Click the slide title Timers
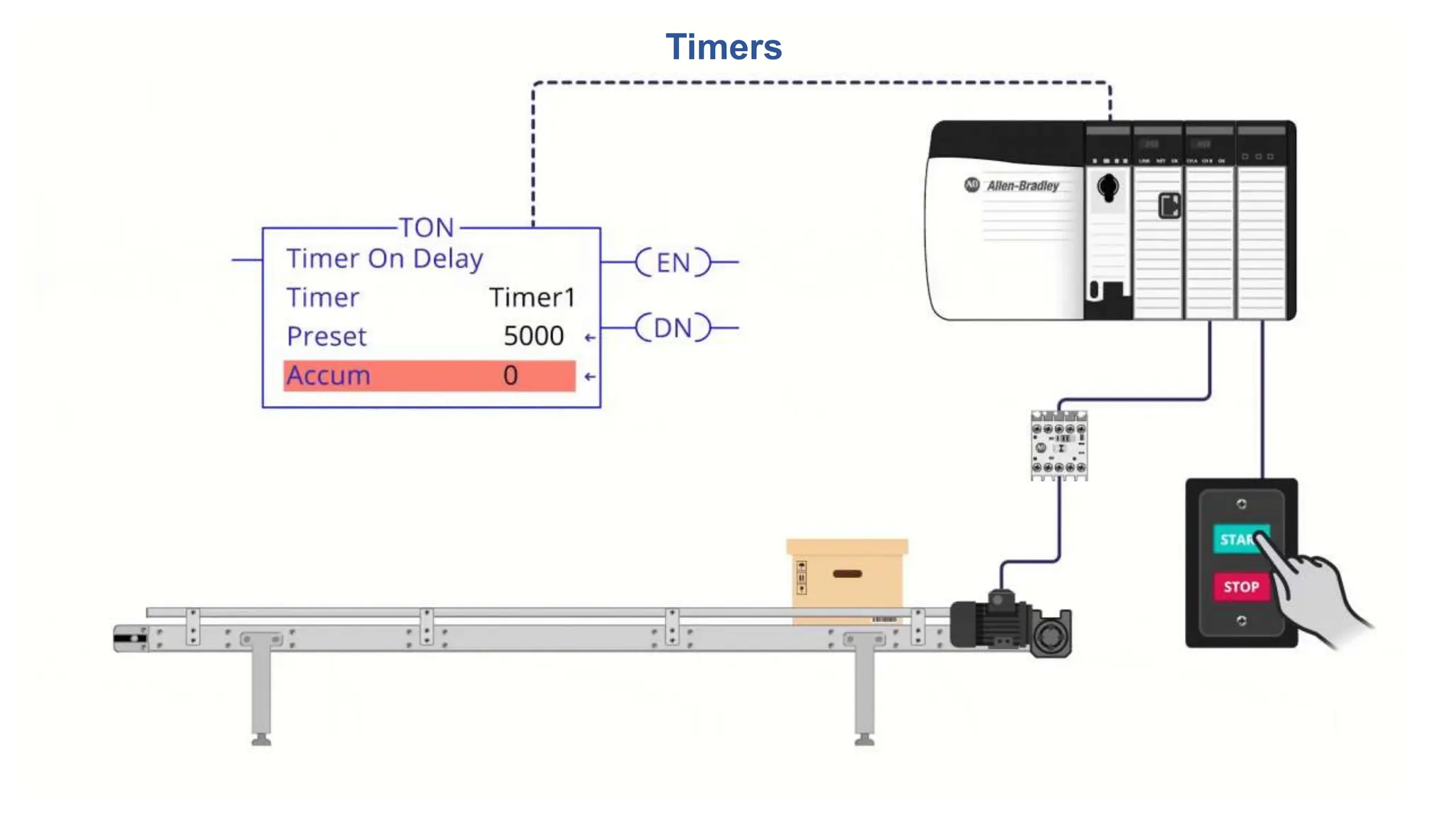point(724,47)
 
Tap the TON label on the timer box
point(426,227)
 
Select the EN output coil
point(673,262)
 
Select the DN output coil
point(673,328)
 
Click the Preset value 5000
point(533,336)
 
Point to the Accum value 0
point(510,375)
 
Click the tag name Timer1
point(532,297)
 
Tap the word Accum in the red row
point(329,375)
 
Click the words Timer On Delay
point(384,259)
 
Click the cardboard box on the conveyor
point(847,577)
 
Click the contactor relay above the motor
point(1058,446)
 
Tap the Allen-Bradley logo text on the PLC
point(1022,186)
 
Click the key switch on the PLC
point(1108,188)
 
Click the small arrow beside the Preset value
point(589,338)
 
